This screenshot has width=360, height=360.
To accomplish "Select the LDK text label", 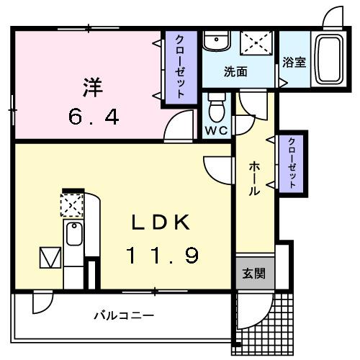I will click(x=160, y=223).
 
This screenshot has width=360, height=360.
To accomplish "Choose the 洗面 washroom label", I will click(x=235, y=72).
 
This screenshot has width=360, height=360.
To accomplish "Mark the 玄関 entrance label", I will click(x=253, y=274).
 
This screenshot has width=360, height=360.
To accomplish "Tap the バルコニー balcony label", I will click(x=124, y=315).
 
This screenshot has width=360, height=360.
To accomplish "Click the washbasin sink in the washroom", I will click(x=215, y=42).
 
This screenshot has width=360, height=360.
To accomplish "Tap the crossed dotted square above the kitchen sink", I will click(x=72, y=206).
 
